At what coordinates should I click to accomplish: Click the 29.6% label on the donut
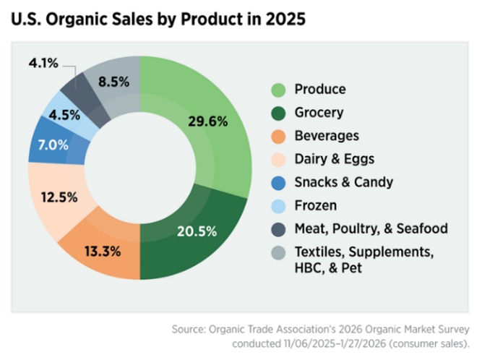(x=208, y=121)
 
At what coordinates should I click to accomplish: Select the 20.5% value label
(x=197, y=231)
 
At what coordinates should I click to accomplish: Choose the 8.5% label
(x=113, y=82)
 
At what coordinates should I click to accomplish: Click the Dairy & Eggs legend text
(x=334, y=159)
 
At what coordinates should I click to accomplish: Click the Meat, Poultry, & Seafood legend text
(x=371, y=228)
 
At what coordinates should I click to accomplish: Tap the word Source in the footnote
(x=187, y=329)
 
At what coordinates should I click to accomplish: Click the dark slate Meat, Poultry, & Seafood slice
(x=74, y=88)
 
